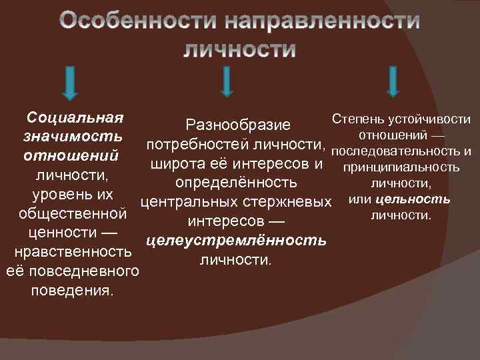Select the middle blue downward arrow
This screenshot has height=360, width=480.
(x=227, y=81)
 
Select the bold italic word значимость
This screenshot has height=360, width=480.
(x=73, y=137)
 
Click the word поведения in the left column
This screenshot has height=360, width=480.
(x=70, y=291)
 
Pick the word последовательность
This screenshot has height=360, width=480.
(x=396, y=151)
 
